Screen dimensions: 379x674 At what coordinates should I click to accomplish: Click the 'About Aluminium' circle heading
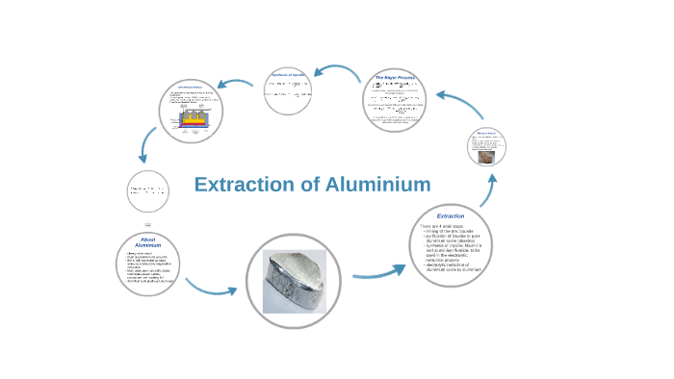(148, 241)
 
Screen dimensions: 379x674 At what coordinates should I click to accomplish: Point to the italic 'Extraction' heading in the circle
(450, 215)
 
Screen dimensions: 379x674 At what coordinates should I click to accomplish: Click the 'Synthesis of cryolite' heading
(291, 74)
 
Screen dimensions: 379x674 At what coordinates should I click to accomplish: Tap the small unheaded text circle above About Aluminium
(148, 190)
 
